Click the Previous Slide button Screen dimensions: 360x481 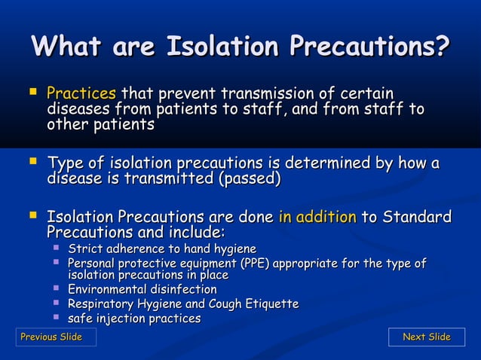pos(51,337)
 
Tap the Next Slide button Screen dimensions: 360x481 pos(426,337)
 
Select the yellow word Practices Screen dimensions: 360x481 pos(81,95)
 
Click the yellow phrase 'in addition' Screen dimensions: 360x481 pos(317,218)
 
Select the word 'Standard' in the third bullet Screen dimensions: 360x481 pos(416,218)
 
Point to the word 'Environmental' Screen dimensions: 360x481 pos(106,289)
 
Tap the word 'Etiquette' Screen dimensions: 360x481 pos(272,304)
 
